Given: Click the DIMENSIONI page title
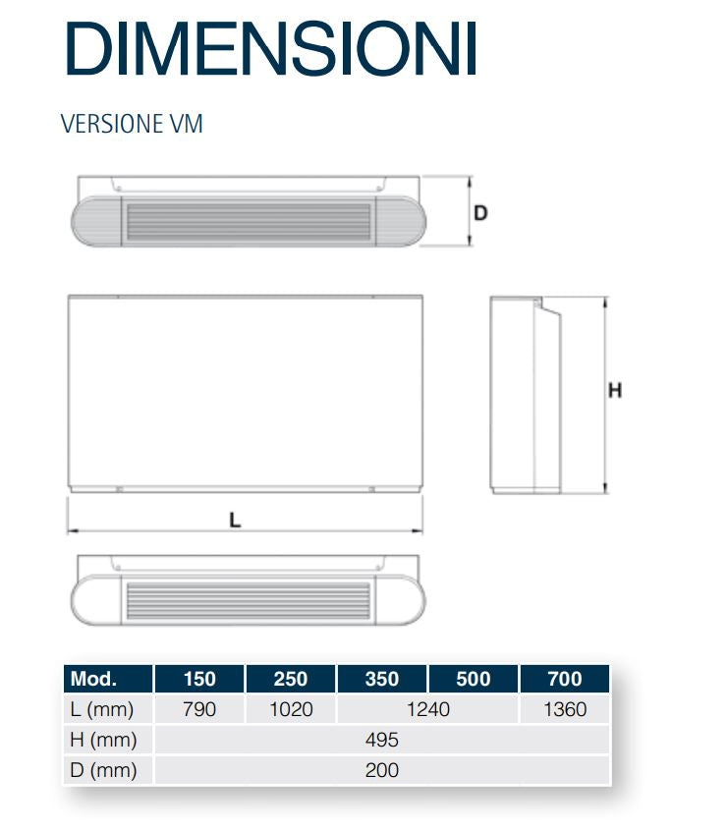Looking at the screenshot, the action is (271, 48).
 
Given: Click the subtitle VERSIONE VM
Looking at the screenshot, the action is (132, 124).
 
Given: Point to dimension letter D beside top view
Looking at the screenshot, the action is (480, 213).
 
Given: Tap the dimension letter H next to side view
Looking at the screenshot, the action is (615, 391).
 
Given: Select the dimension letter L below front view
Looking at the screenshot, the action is (235, 520).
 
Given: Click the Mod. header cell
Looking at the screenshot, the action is (93, 679).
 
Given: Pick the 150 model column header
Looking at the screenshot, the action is (199, 679).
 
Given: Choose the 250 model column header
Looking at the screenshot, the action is (291, 679).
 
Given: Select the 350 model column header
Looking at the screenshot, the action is (382, 679).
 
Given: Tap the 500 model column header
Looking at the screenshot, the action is (474, 679).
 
